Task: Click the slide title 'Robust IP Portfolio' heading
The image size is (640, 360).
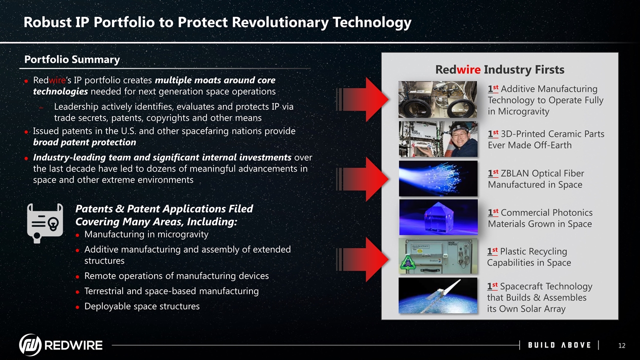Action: tap(217, 22)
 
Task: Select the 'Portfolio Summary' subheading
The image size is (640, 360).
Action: tap(72, 59)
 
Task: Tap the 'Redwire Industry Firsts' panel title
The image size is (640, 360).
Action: tap(499, 69)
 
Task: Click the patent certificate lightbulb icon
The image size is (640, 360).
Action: tap(45, 223)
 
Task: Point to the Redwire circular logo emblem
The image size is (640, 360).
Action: tap(30, 345)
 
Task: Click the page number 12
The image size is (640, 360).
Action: tap(622, 345)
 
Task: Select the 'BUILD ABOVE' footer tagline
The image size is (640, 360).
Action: tap(559, 345)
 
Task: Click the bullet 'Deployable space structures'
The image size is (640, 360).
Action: tap(141, 306)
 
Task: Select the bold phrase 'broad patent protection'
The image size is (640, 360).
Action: tap(84, 142)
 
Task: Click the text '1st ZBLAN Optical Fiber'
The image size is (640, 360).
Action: tap(535, 173)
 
